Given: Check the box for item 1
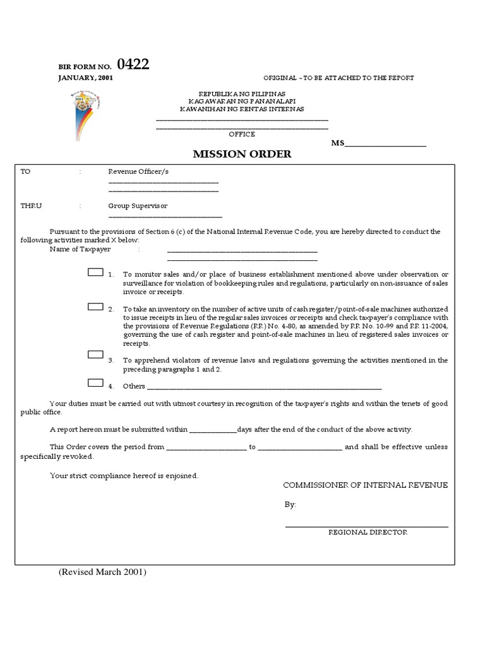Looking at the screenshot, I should pos(95,274).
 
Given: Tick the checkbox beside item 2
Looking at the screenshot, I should pos(95,307).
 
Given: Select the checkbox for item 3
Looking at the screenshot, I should pos(95,356).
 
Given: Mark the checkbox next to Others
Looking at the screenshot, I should pos(95,382).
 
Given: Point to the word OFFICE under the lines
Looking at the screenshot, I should pos(242,134).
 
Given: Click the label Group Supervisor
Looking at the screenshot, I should pos(138,206).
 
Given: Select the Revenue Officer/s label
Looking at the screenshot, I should pos(138,171).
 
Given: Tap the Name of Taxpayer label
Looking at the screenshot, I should pos(80,250).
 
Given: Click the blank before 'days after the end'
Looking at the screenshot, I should pos(213,430).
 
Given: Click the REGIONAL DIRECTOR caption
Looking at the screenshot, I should pos(368,532).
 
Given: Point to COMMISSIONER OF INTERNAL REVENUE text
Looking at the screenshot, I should pos(365,485).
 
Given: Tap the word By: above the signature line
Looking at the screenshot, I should pos(290,505).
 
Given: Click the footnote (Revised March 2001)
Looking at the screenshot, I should pos(102,572).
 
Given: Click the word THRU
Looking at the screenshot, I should pos(31,206).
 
